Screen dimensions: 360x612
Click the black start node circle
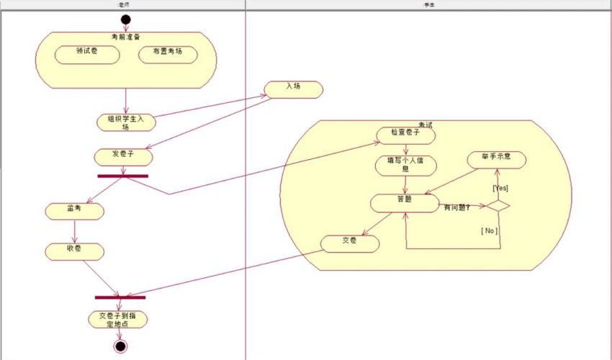pos(126,19)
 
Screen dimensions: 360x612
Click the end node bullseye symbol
pos(120,346)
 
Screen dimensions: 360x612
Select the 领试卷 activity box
pos(87,54)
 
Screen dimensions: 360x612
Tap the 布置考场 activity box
pos(168,54)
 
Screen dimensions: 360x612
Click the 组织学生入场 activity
pos(126,122)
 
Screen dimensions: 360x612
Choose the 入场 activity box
pos(293,89)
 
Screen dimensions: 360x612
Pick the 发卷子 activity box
pos(123,156)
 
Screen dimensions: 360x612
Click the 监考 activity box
pos(74,211)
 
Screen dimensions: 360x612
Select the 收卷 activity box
pos(74,251)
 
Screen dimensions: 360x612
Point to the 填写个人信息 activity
pos(405,165)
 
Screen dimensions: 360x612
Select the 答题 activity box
pos(405,202)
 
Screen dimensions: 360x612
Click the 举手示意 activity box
pos(496,158)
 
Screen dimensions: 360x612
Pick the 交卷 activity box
pos(349,243)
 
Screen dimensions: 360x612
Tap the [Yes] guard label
pos(500,188)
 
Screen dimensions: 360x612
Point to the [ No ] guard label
pos(489,230)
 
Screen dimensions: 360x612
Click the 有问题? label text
pos(457,208)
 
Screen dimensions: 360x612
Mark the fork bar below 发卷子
pos(123,176)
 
